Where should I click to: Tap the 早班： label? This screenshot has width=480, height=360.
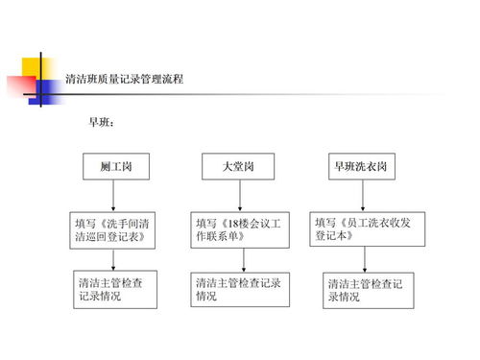102,124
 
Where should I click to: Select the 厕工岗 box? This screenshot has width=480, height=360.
115,166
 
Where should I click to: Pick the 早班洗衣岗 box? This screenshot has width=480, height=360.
360,166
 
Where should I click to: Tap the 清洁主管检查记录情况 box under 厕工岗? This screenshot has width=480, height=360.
116,289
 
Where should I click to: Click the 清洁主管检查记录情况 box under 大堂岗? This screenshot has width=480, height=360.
239,289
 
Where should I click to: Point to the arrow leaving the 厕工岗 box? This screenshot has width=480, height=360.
114,196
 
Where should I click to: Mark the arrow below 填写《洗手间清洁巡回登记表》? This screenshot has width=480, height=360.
114,259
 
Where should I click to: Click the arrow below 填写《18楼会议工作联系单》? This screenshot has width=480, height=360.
243,260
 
